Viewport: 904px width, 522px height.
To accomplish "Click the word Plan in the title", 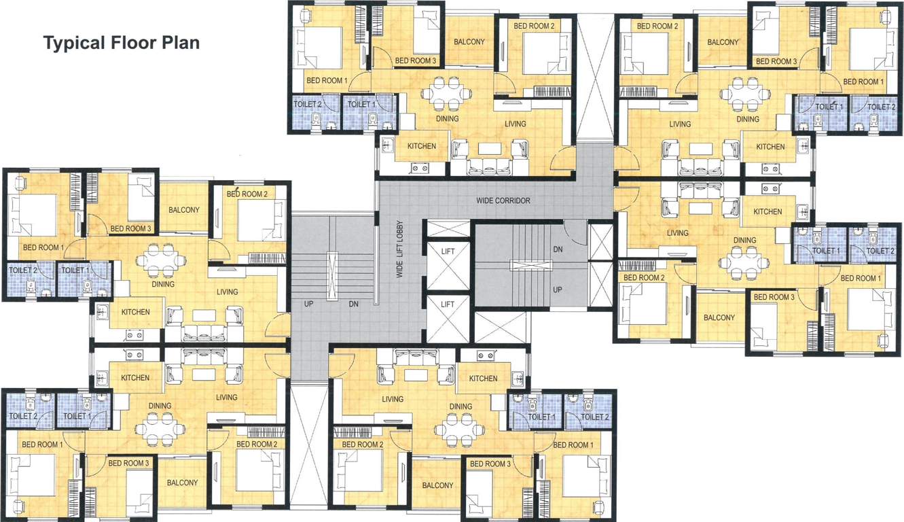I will tap(181, 43).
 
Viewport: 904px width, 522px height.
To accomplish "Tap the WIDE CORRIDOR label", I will tap(503, 201).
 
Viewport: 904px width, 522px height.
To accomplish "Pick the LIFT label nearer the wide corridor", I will tap(448, 251).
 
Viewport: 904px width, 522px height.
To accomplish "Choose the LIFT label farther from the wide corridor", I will tap(448, 304).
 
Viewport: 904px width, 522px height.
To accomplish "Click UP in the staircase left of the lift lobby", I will tap(309, 304).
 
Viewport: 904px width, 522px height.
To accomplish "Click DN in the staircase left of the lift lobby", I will tap(353, 304).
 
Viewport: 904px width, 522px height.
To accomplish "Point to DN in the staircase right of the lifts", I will tap(558, 249).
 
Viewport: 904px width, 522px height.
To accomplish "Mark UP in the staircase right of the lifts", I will tap(558, 289).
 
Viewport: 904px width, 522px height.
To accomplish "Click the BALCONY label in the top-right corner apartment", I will tap(723, 42).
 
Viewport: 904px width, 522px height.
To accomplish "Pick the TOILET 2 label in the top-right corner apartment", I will tap(881, 107).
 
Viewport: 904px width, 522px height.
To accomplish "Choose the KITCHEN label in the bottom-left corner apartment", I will tap(135, 378).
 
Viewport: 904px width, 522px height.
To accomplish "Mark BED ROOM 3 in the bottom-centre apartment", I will tap(490, 464).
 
